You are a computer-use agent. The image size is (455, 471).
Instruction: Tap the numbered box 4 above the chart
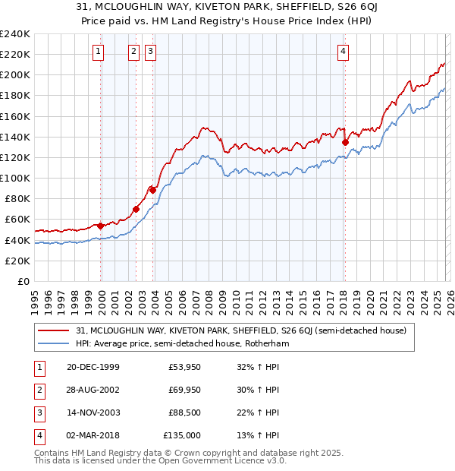pyautogui.click(x=344, y=52)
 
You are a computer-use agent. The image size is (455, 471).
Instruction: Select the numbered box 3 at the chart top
pyautogui.click(x=151, y=52)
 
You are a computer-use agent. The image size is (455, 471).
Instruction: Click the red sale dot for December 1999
pyautogui.click(x=101, y=226)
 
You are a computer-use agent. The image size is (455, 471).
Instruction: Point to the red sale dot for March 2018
pyautogui.click(x=345, y=142)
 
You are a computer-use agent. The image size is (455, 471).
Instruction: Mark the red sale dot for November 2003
pyautogui.click(x=153, y=190)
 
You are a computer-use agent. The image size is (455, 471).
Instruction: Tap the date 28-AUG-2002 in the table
pyautogui.click(x=93, y=390)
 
